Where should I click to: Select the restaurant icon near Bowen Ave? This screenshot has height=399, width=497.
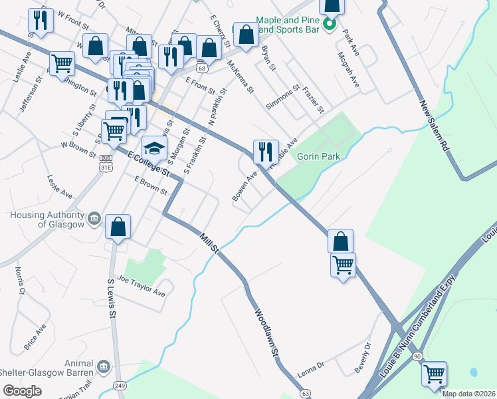click(x=264, y=152)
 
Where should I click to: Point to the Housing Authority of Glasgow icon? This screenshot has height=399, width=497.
click(x=94, y=217)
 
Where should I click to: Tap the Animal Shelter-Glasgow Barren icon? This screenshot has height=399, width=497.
click(x=103, y=366)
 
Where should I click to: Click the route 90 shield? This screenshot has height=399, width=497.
click(x=416, y=357)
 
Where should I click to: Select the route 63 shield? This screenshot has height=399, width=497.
click(x=305, y=394)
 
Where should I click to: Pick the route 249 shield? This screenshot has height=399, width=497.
click(x=120, y=385)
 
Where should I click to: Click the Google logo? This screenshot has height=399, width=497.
click(x=23, y=391)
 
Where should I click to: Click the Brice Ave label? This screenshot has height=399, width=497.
click(x=35, y=337)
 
